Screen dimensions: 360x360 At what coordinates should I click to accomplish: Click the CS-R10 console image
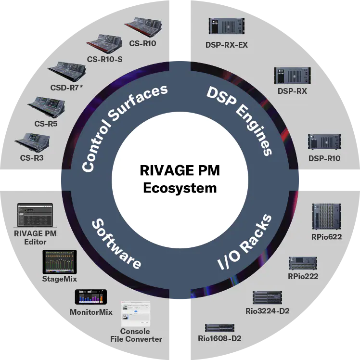[143, 27]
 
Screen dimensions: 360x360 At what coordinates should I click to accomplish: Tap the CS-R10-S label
[105, 59]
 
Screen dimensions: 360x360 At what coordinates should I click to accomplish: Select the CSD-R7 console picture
[67, 71]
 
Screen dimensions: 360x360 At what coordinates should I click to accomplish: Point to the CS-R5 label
[46, 124]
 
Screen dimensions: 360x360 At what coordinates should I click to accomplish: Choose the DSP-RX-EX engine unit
[227, 26]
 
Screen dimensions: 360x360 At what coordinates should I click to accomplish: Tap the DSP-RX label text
[292, 91]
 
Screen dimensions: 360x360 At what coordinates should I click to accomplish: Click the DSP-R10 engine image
[324, 142]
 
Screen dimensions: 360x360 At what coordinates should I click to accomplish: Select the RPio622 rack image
[326, 217]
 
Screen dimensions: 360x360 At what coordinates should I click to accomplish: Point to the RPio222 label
[303, 276]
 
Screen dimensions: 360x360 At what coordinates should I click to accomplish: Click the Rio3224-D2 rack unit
[267, 297]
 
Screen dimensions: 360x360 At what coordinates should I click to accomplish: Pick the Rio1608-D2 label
[219, 338]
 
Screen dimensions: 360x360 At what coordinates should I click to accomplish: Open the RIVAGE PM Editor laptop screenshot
[35, 215]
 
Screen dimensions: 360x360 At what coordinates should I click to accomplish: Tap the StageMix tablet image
[60, 262]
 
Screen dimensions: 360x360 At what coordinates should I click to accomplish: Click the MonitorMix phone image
[91, 297]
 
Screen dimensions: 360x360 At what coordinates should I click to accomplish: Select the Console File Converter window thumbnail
[136, 314]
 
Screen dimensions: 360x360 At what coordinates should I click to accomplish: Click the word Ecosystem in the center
[180, 188]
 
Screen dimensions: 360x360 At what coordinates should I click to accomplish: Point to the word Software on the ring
[116, 244]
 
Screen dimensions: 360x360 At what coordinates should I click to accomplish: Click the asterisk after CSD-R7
[81, 87]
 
